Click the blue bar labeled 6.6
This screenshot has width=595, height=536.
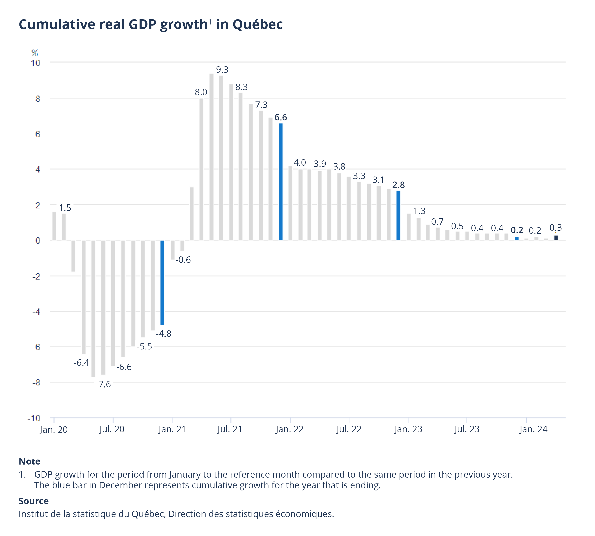[x=281, y=182]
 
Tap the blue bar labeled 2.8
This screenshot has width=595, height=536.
[x=398, y=216]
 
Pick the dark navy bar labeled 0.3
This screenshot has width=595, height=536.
[x=556, y=238]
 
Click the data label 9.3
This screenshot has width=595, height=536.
[x=222, y=70]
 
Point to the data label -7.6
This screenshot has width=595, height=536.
[x=103, y=384]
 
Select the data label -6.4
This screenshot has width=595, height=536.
[x=81, y=363]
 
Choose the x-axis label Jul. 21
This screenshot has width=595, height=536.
[x=230, y=429]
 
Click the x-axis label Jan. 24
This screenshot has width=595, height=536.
[x=533, y=429]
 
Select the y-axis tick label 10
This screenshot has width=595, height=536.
[x=36, y=63]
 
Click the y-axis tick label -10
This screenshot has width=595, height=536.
[x=34, y=418]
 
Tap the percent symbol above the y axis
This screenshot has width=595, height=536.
[x=35, y=53]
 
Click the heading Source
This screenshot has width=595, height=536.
[x=34, y=501]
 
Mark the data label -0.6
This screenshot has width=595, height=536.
[x=183, y=260]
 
